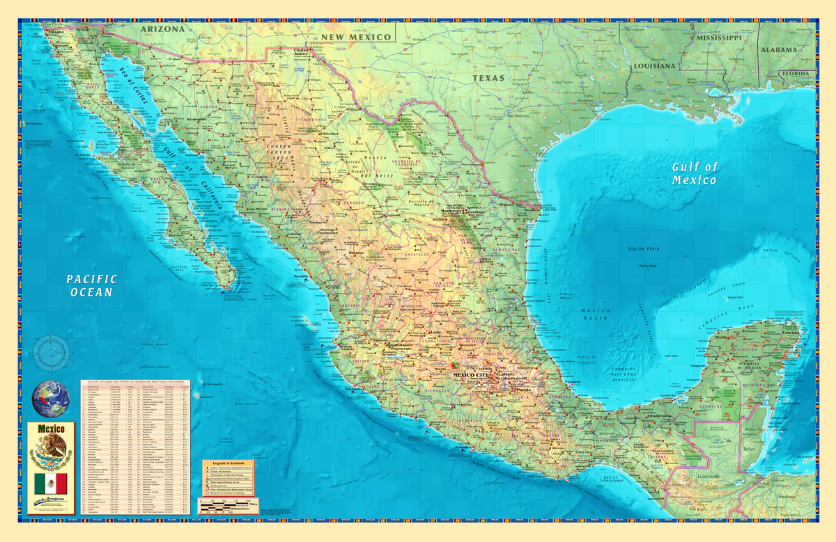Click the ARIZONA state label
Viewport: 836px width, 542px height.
pyautogui.click(x=163, y=30)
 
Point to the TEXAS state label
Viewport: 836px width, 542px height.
pyautogui.click(x=488, y=78)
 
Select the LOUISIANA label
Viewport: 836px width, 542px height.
pyautogui.click(x=655, y=65)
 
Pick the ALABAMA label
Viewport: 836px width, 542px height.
pyautogui.click(x=778, y=50)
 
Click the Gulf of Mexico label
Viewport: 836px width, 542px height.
pyautogui.click(x=694, y=173)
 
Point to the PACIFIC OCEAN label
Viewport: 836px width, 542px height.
pyautogui.click(x=91, y=285)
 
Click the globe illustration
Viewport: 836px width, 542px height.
pyautogui.click(x=51, y=397)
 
